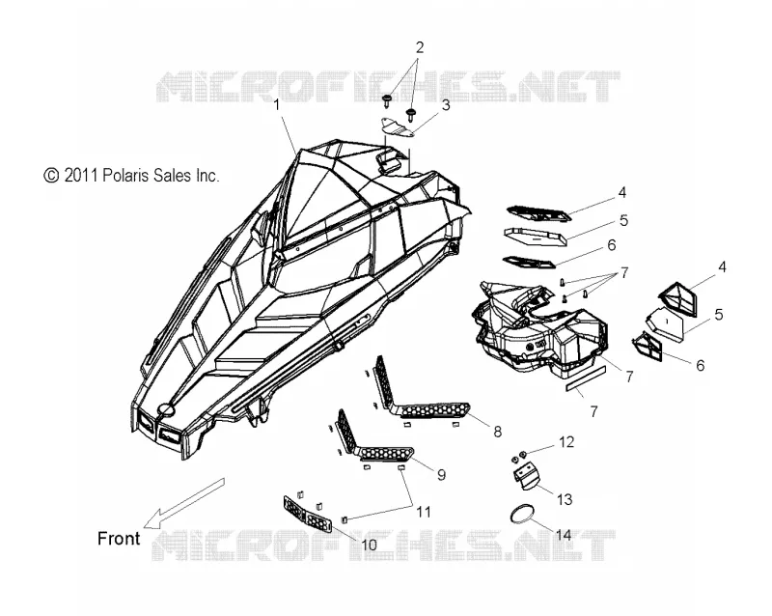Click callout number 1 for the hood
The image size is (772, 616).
(x=277, y=105)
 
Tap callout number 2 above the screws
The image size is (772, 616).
(x=420, y=48)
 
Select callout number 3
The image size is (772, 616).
(x=446, y=105)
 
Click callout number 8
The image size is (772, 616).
(x=497, y=432)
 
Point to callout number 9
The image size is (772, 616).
(x=441, y=475)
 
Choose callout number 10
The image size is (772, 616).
(x=369, y=545)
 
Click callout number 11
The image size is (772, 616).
(x=424, y=512)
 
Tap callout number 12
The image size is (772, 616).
(x=566, y=442)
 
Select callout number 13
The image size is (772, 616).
(x=565, y=499)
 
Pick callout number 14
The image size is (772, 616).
(x=564, y=535)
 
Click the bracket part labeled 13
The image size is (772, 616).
(x=525, y=477)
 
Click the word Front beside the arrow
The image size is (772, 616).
(x=119, y=538)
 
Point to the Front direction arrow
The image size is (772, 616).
(x=183, y=502)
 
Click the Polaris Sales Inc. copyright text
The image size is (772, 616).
(x=131, y=175)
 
